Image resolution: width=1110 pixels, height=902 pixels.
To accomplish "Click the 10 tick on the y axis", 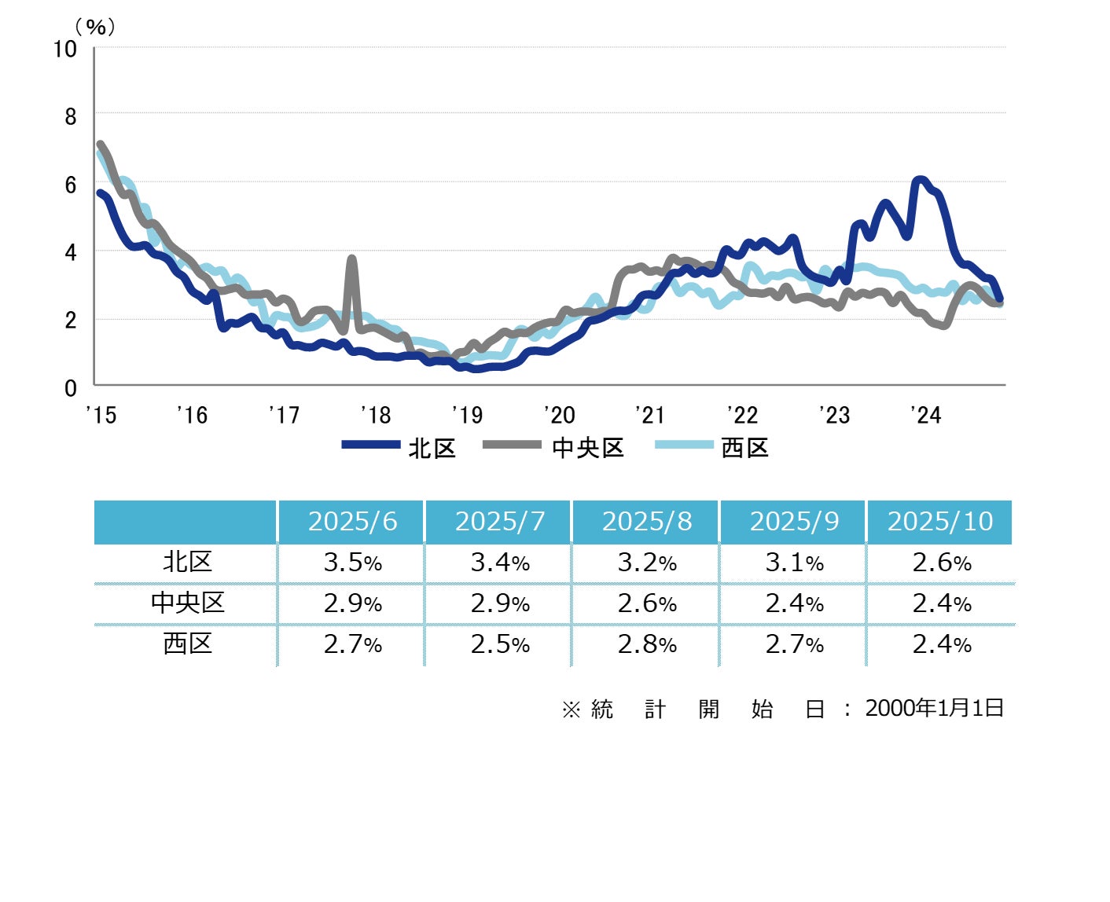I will pyautogui.click(x=65, y=49).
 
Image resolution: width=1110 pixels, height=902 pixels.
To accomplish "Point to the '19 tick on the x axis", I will pyautogui.click(x=468, y=414).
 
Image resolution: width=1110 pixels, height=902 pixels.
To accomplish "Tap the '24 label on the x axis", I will pyautogui.click(x=925, y=414).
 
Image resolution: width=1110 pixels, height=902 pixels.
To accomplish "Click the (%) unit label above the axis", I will pyautogui.click(x=95, y=27).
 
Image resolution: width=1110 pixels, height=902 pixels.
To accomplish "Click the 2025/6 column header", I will pyautogui.click(x=352, y=521).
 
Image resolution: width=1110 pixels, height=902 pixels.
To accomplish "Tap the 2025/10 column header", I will pyautogui.click(x=940, y=521).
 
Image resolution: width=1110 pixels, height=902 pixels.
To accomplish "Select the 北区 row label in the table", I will pyautogui.click(x=187, y=562).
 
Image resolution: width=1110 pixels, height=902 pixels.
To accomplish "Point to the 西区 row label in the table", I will pyautogui.click(x=187, y=643).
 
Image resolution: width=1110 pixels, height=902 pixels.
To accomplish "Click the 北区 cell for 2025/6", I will pyautogui.click(x=352, y=563).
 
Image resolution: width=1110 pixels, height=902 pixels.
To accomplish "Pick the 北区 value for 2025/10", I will pyautogui.click(x=941, y=563).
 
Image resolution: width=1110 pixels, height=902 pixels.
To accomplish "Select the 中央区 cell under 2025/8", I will pyautogui.click(x=647, y=603).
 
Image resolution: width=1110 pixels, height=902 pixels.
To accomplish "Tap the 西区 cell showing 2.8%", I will pyautogui.click(x=647, y=644).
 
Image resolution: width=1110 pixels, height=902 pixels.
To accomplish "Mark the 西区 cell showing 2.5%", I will pyautogui.click(x=500, y=644).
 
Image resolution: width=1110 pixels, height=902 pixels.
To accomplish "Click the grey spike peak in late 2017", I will pyautogui.click(x=351, y=258).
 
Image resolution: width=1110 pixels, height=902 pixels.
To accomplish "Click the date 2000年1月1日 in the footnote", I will pyautogui.click(x=934, y=708).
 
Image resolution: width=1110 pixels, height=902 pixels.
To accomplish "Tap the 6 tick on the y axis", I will pyautogui.click(x=70, y=185).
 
